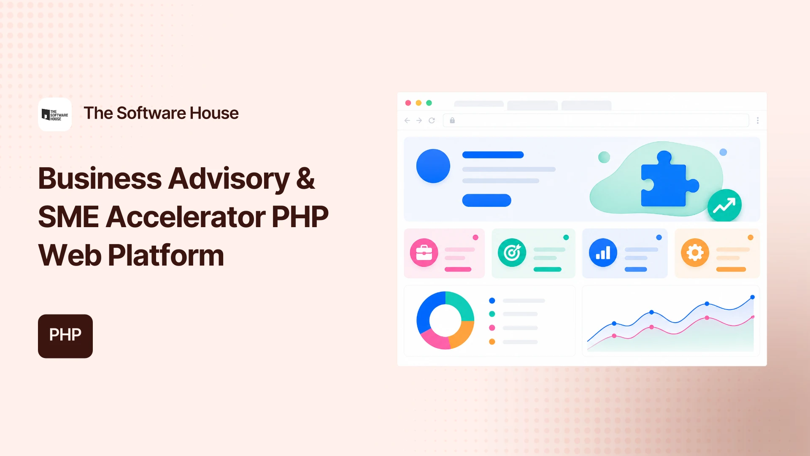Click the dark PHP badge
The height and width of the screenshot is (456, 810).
coord(65,336)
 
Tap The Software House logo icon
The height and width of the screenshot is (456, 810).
coord(55,114)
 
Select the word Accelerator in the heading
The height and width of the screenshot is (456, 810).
coord(186,217)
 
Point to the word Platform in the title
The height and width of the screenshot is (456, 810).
coord(166,256)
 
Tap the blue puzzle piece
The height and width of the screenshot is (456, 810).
coord(670,179)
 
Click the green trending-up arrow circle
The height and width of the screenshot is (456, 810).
coord(724,206)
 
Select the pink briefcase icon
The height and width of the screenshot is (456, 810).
coord(424,252)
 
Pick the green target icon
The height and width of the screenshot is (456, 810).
coord(512,252)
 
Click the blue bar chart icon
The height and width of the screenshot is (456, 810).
coord(603,252)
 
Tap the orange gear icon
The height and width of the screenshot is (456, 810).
coord(695,252)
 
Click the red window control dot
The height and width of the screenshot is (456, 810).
coord(408,103)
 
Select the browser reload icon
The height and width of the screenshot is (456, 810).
coord(432,120)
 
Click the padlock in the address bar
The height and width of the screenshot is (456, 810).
coord(452,120)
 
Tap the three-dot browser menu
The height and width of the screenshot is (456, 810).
coord(758,120)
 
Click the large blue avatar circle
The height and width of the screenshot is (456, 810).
coord(433,166)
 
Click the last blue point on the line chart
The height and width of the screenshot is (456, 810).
coord(752,297)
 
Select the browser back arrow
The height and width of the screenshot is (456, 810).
coord(407,120)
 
